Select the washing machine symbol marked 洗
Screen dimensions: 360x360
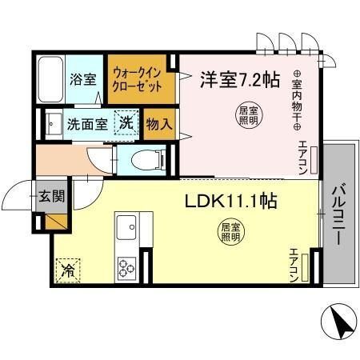coord(127,124)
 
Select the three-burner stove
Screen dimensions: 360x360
coord(127,266)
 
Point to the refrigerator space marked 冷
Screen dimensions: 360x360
coord(68,270)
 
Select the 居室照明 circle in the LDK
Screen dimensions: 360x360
coord(230,234)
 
